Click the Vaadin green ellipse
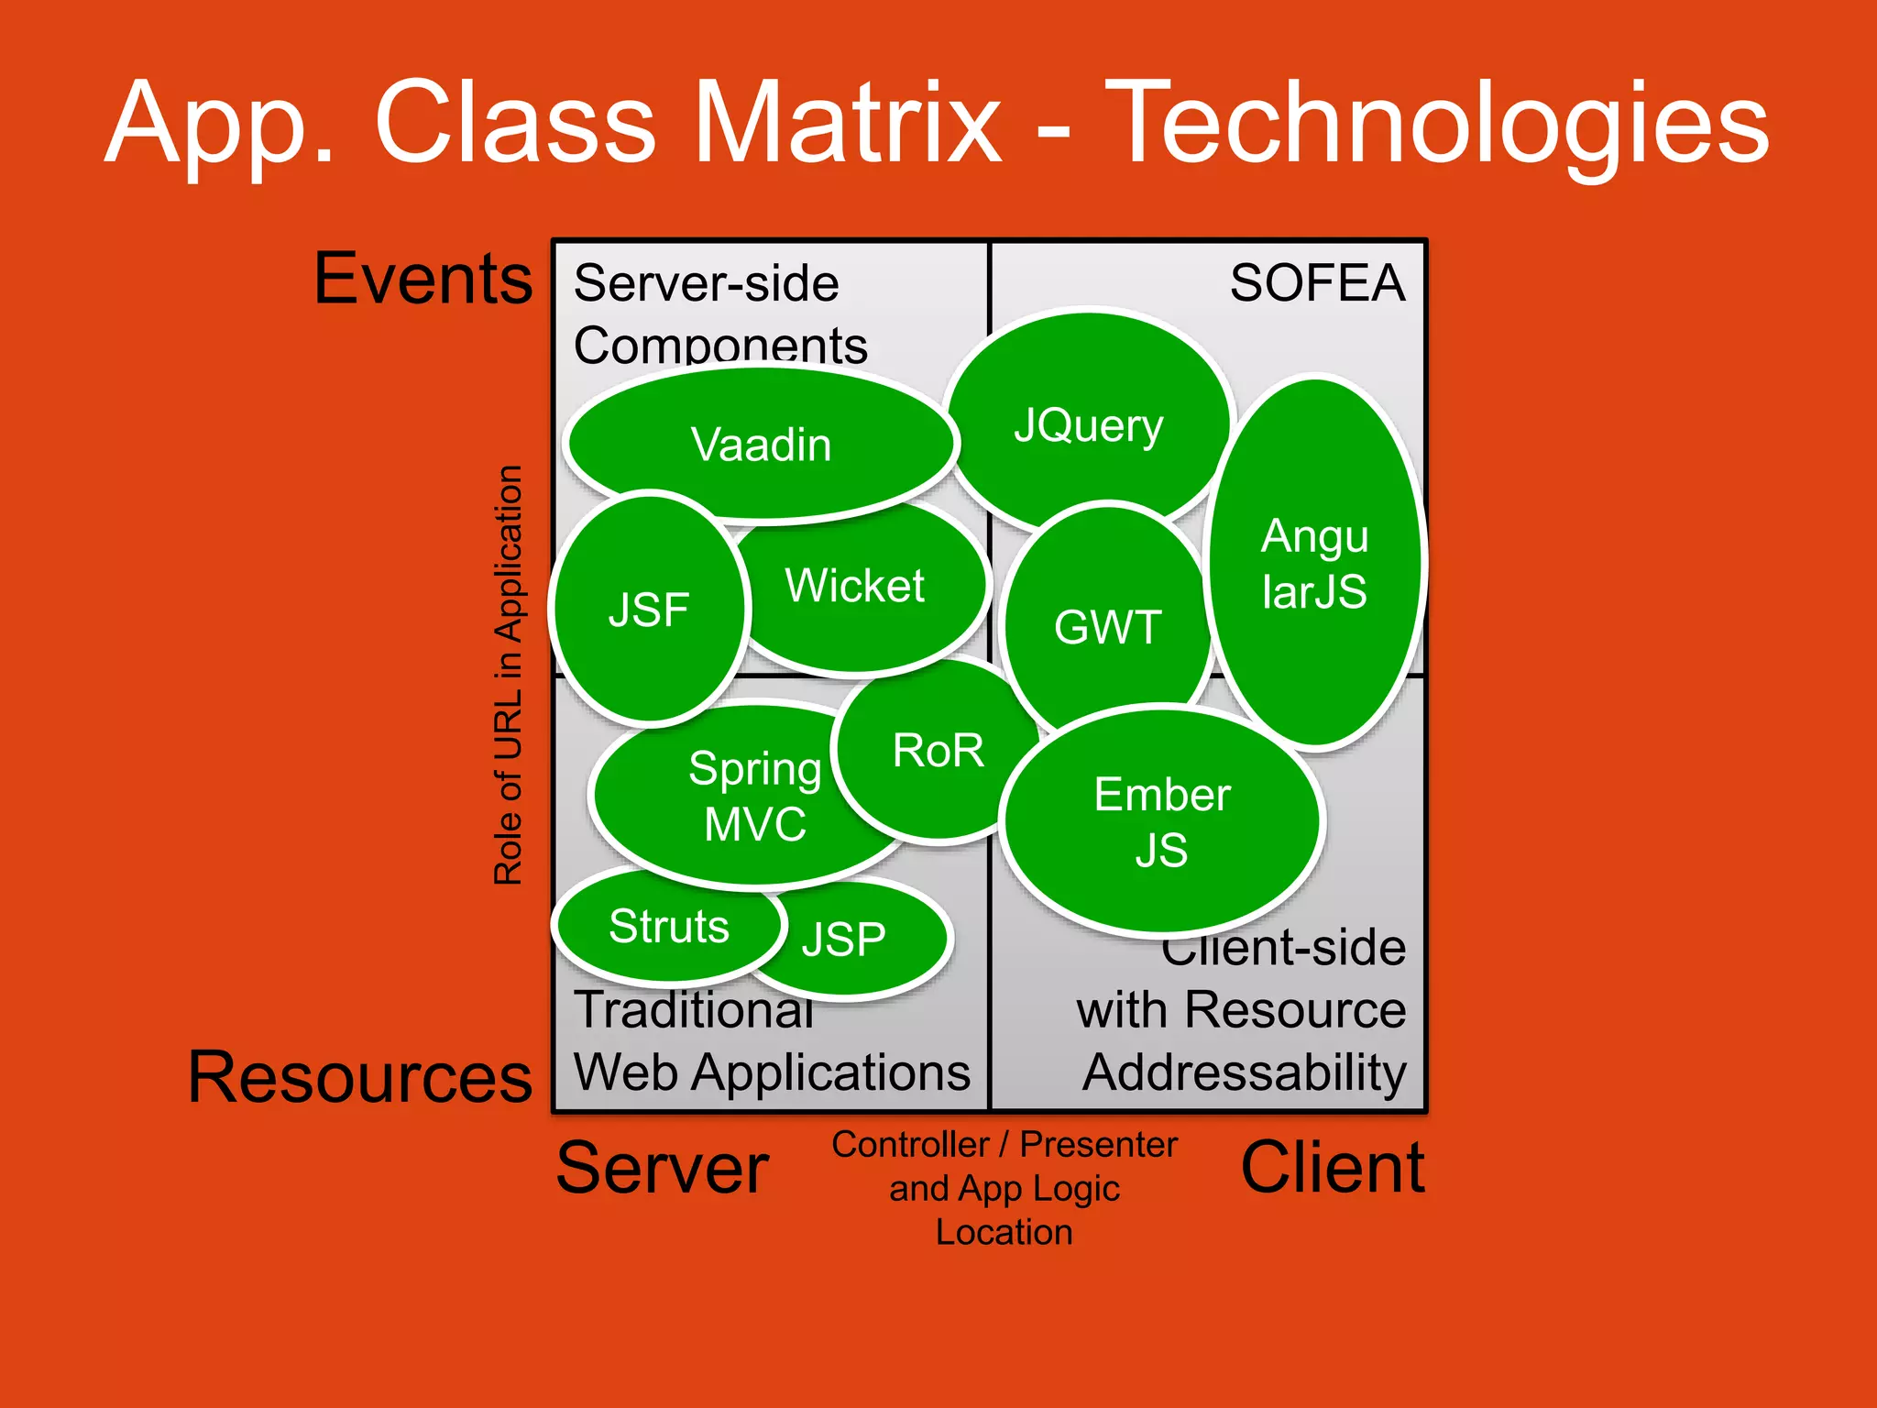(761, 445)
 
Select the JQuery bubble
(1088, 424)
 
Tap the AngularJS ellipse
(1314, 563)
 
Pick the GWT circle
(1107, 627)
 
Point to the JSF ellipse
(649, 610)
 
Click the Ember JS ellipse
(1161, 821)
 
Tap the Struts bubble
(669, 926)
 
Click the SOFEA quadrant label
(1316, 282)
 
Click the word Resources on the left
(359, 1076)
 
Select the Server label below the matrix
(662, 1168)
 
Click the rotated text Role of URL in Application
(508, 675)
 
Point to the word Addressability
(1244, 1072)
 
